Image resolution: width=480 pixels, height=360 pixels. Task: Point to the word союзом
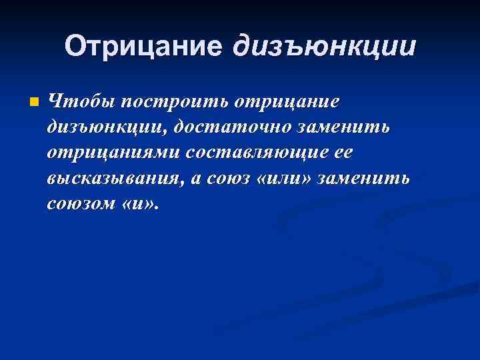click(x=79, y=204)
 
